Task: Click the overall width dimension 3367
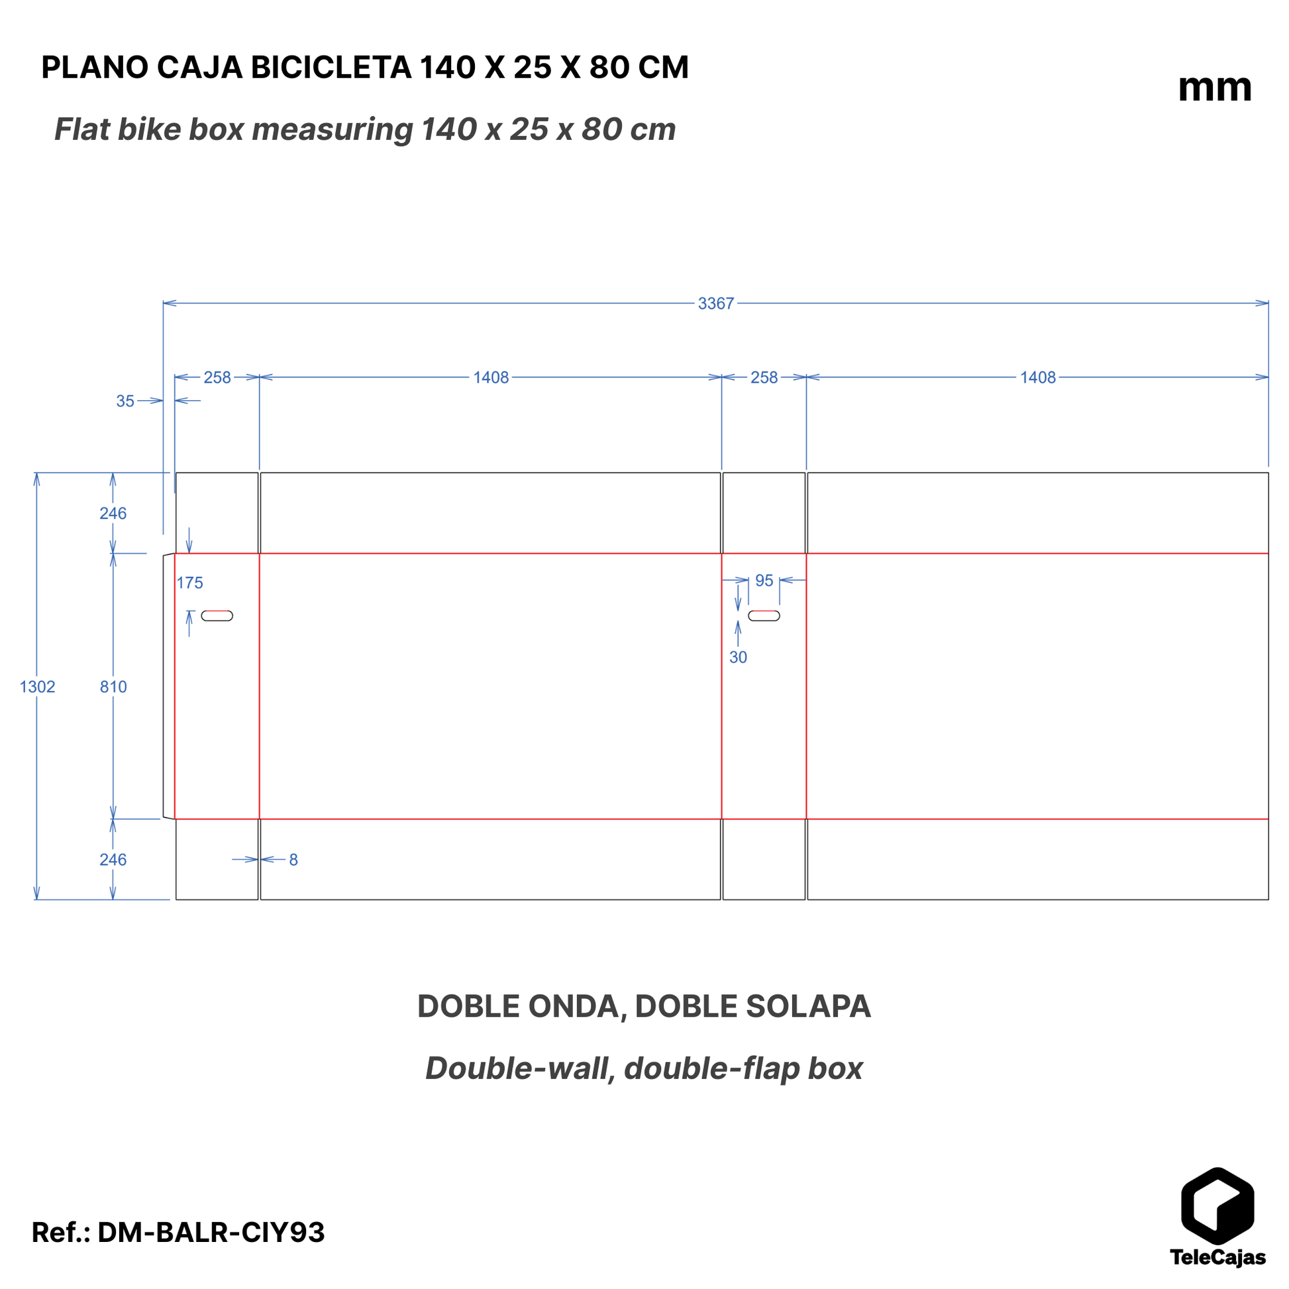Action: (x=715, y=303)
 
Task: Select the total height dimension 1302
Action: (x=37, y=686)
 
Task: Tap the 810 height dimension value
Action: (x=113, y=686)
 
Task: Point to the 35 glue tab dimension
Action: (x=125, y=401)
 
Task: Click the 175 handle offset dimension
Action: (x=189, y=582)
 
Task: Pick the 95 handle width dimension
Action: (x=764, y=580)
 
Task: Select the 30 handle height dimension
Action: (x=738, y=657)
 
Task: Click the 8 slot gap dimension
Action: (x=293, y=859)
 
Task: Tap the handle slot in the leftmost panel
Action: (x=217, y=616)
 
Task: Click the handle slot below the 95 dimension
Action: (x=764, y=616)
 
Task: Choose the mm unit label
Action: (x=1215, y=88)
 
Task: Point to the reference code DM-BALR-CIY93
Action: (x=211, y=1232)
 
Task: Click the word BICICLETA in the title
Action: (x=331, y=68)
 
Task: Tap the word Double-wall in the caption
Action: (x=519, y=1068)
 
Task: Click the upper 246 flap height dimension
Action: (x=113, y=513)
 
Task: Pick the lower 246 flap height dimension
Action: (x=113, y=859)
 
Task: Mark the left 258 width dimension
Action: (x=217, y=378)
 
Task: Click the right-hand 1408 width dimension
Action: (x=1037, y=378)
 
